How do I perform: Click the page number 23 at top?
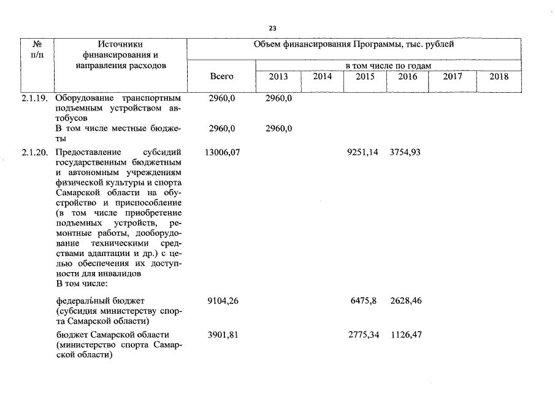[273, 28]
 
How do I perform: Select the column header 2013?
[278, 77]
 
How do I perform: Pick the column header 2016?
[407, 77]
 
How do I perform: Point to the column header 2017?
[453, 77]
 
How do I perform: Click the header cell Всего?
[221, 77]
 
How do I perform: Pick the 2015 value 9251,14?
[362, 152]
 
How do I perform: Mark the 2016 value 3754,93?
[405, 152]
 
